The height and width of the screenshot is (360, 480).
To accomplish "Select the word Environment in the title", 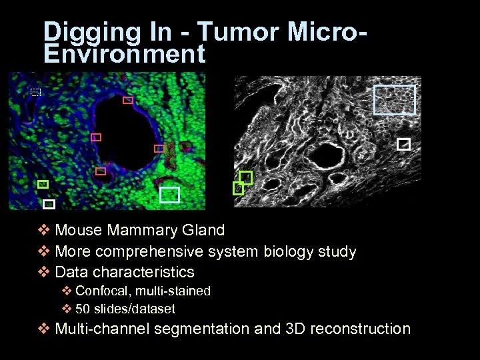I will coord(124,54).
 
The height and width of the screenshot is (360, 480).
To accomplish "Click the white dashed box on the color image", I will coord(36,93).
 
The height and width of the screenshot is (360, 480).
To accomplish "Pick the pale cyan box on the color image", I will coord(170,194).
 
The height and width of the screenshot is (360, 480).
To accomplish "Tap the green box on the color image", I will coord(43,184).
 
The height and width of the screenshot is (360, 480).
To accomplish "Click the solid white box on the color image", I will coord(49,204).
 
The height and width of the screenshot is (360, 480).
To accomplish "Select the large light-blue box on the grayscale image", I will coord(394,100).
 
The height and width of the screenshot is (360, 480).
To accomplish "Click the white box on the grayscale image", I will coord(403,144).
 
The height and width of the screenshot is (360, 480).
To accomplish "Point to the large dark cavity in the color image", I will coord(127,133).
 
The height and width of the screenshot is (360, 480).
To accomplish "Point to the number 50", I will coord(83,309).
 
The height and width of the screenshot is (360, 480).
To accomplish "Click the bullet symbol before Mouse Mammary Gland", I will coord(44,231).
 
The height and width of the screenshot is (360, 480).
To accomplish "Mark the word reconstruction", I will coord(360,329).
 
